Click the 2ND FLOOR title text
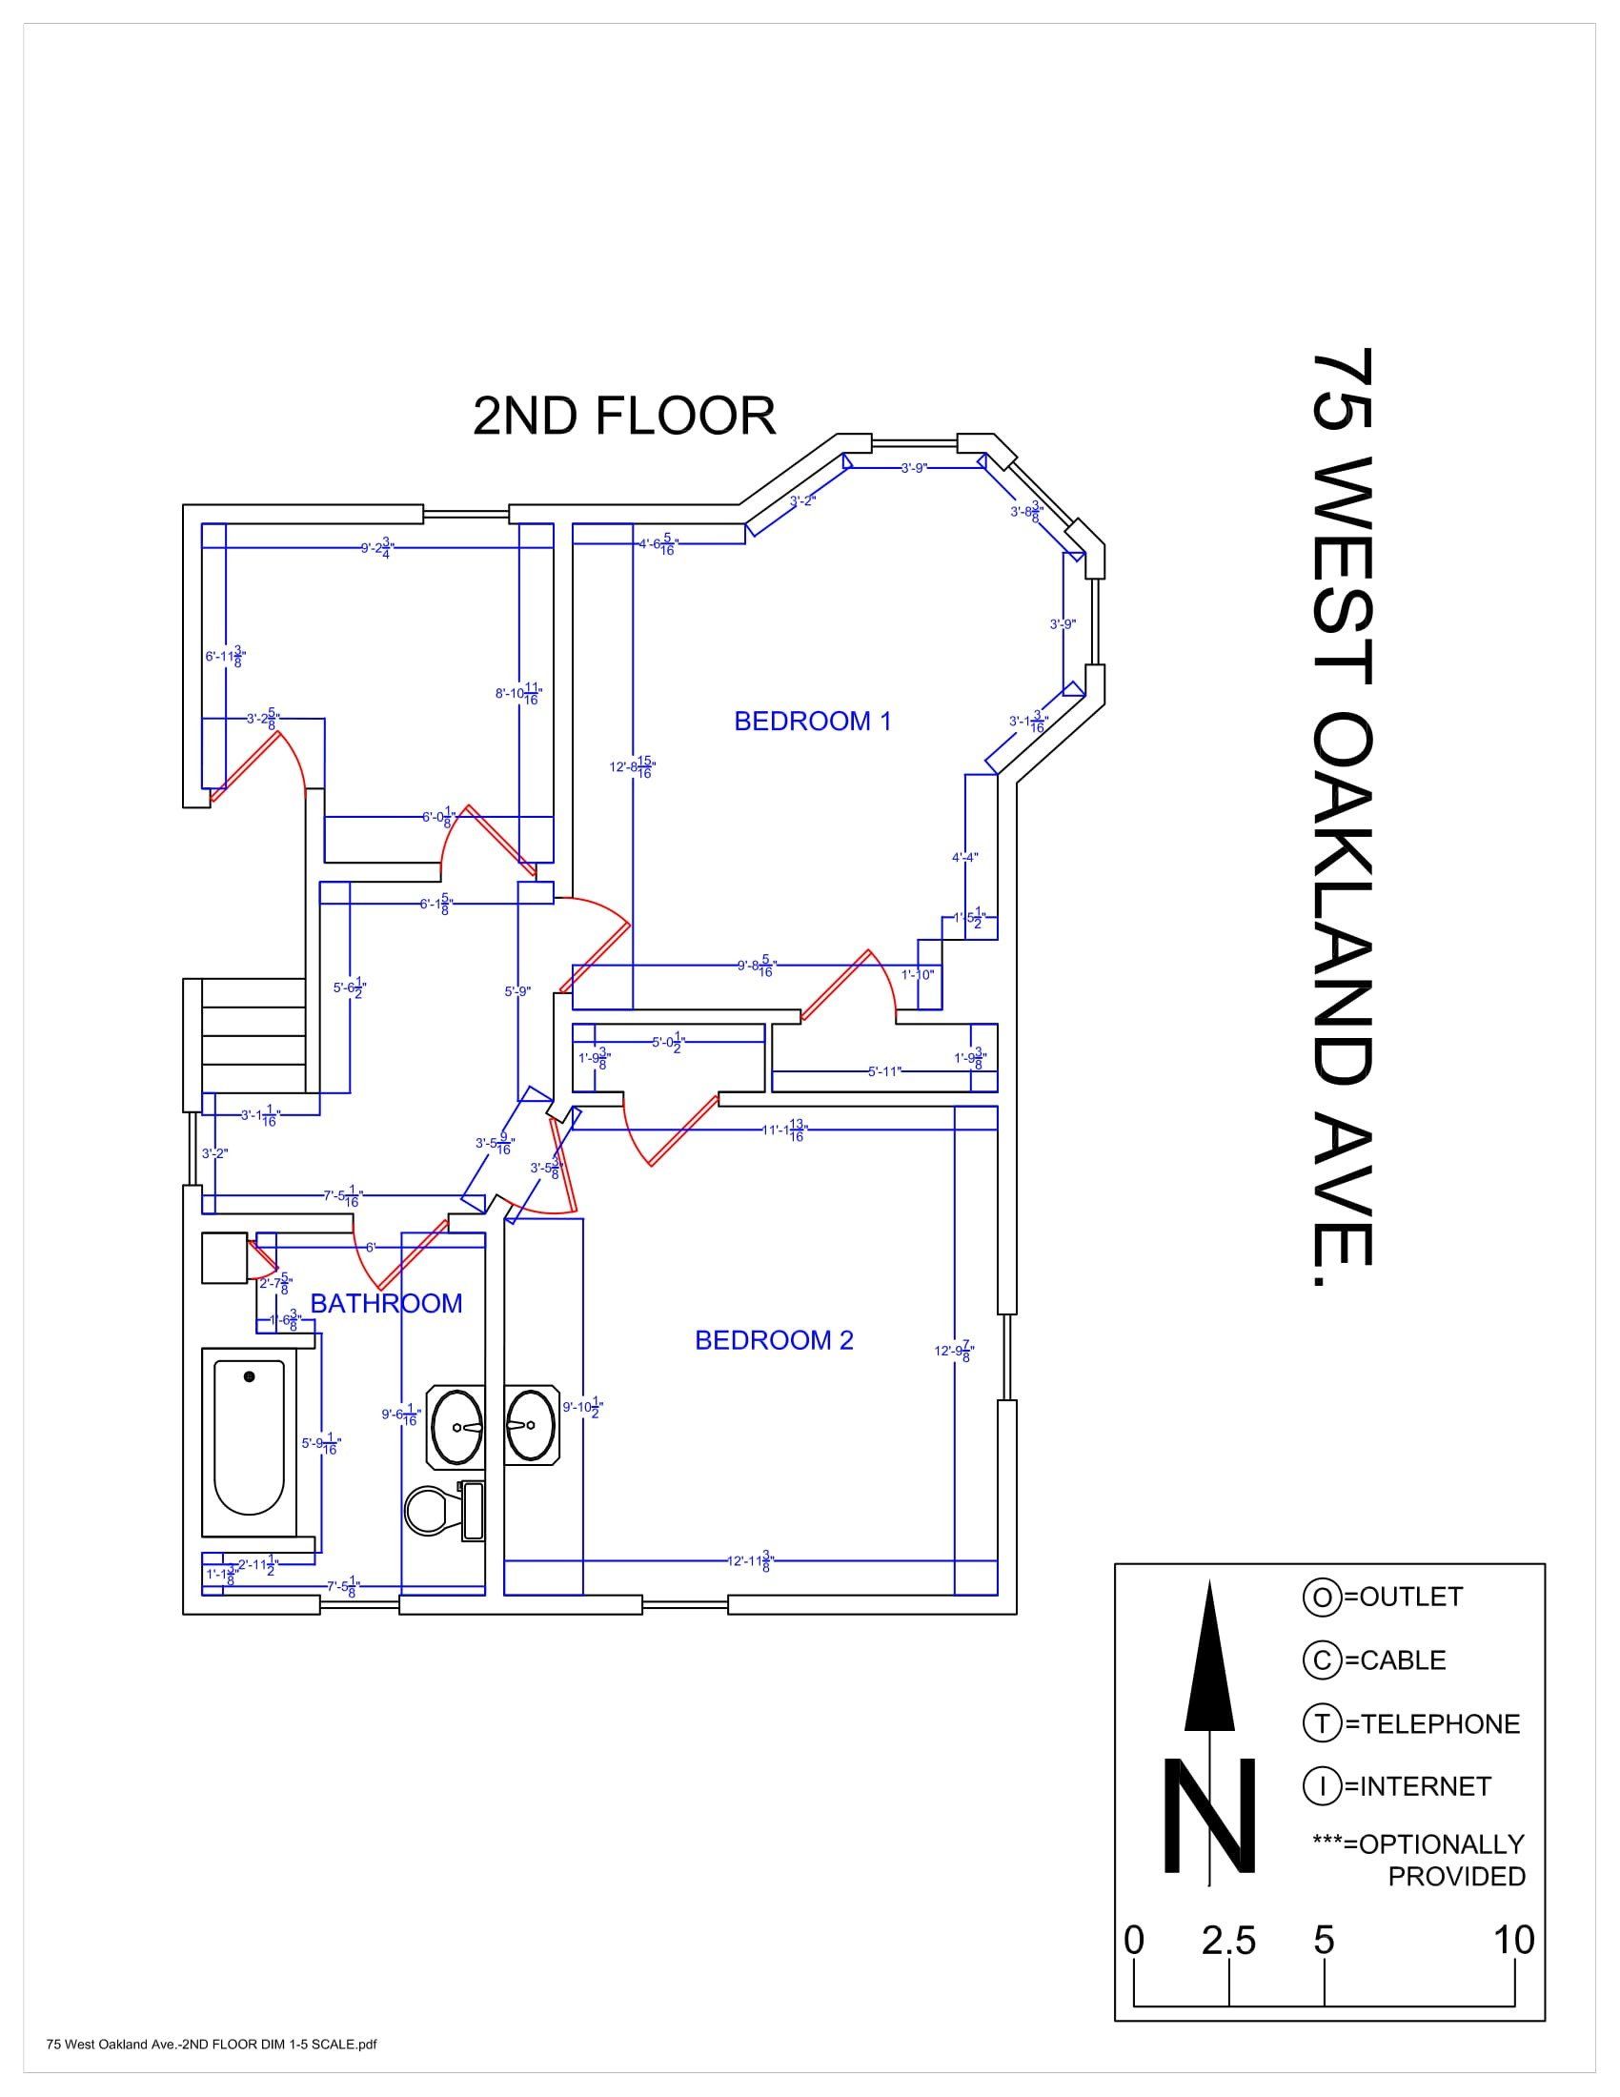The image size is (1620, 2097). [624, 417]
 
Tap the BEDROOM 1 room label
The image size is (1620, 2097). [812, 722]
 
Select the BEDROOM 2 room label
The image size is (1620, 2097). [774, 1339]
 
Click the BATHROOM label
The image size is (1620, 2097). [386, 1303]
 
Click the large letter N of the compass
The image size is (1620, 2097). [1209, 1816]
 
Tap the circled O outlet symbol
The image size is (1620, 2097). [1321, 1597]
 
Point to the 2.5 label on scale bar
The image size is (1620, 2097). [1228, 1942]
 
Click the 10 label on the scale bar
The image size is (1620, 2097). [1513, 1941]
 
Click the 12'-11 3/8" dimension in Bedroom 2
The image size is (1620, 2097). [749, 1561]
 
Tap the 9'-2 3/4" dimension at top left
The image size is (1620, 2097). [377, 548]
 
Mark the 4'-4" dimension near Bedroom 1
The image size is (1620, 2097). [964, 858]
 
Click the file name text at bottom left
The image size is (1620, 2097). [212, 2045]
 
